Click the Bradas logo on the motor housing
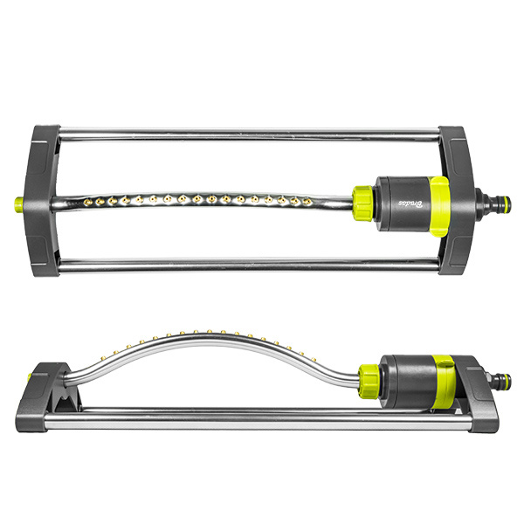tap(408, 203)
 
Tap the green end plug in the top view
tap(19, 203)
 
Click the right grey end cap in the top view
tap(453, 201)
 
